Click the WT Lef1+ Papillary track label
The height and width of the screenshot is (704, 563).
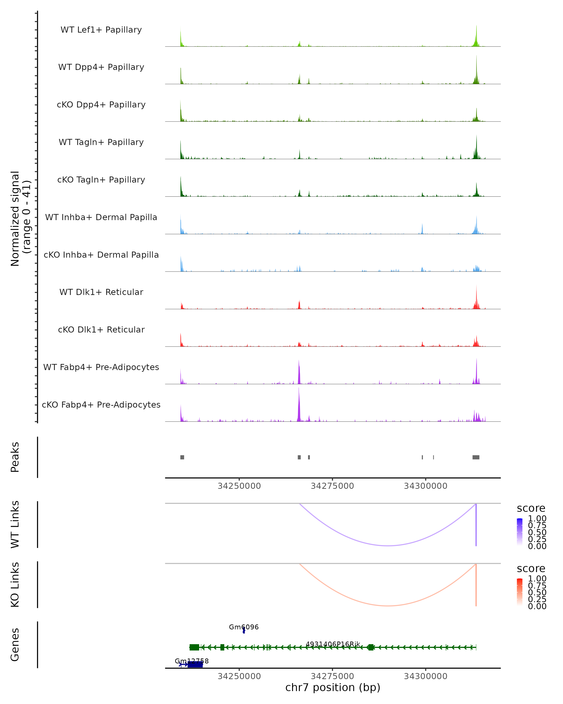coord(101,30)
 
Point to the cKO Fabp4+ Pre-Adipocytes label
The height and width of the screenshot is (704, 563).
coord(101,405)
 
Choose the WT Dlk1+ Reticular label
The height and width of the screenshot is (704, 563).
coord(101,292)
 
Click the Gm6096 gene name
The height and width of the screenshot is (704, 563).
coord(243,627)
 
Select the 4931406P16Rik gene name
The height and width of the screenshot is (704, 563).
coord(333,644)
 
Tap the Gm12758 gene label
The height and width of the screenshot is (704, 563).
coord(192,661)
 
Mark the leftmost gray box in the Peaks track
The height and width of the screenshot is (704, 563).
coord(182,457)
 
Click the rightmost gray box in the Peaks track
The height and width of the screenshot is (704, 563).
coord(476,457)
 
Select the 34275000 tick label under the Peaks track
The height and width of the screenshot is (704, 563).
coord(332,486)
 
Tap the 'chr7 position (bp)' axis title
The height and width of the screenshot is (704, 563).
coord(333,687)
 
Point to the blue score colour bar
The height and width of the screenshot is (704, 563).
coord(520,532)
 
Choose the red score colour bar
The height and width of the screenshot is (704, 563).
coord(520,592)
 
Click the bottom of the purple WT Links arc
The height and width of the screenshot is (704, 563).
coord(388,545)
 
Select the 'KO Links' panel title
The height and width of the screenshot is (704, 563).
coord(15,585)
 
